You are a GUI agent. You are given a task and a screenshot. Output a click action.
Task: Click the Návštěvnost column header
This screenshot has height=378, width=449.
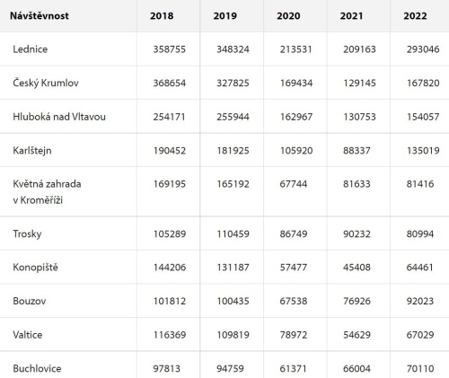40,15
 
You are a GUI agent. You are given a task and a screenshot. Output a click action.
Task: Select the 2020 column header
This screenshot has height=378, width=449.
288,15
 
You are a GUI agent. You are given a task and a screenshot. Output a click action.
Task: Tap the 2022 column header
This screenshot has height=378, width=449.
415,15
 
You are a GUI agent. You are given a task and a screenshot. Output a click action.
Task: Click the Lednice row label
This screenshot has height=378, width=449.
31,49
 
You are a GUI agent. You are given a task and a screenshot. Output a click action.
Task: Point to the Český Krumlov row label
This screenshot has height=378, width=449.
46,83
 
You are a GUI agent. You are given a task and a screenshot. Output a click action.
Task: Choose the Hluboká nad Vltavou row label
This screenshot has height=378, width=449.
59,117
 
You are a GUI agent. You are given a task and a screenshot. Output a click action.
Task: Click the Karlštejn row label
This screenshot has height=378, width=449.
32,150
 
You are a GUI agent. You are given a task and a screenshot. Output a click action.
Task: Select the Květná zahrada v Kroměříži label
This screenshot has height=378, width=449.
47,192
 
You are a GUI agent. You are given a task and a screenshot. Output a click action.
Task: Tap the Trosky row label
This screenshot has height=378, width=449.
27,233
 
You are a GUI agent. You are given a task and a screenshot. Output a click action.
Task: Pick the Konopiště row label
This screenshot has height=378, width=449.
35,267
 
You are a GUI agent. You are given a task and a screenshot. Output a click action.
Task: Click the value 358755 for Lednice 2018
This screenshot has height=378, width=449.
170,49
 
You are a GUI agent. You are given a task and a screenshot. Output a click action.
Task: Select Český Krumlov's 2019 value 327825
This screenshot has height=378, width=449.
233,83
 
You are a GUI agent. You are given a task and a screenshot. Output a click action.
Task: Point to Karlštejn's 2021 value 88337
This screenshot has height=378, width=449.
357,150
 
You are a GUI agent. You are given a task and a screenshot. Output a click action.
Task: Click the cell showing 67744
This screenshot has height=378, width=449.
294,184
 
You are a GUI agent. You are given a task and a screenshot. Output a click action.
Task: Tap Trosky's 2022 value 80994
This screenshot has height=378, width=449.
420,233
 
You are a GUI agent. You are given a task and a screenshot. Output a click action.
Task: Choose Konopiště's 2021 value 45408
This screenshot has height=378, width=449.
357,267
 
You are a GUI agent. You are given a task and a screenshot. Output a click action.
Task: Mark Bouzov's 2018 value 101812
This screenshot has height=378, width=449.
170,301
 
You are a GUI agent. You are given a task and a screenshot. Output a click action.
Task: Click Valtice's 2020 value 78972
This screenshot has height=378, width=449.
294,335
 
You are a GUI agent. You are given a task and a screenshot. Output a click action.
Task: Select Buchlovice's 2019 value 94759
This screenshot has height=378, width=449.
230,368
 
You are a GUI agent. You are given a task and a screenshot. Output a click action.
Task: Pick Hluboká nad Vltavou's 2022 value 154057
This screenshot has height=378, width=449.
423,117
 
